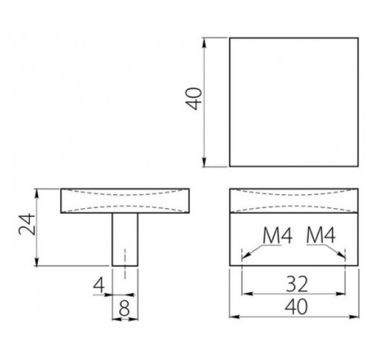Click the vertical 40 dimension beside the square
[x=194, y=99]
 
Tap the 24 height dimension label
[x=27, y=224]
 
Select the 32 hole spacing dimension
[x=297, y=284]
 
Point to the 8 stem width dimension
[x=124, y=308]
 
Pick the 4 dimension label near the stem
[x=99, y=285]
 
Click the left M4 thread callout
[x=278, y=236]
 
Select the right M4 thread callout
[x=321, y=235]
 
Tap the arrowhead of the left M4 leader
[x=246, y=255]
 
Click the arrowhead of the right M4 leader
[x=341, y=255]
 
